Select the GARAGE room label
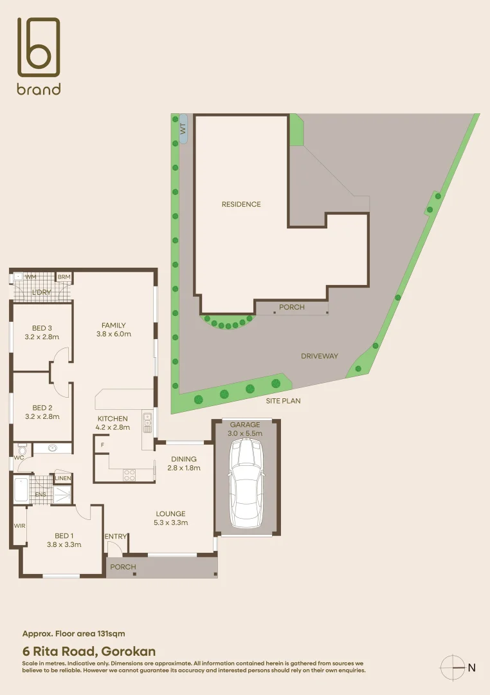pos(246,425)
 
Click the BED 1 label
pos(64,536)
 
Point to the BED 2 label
pos(42,407)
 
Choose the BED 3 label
pos(42,328)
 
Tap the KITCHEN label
pos(113,418)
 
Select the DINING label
pos(183,459)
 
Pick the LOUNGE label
pos(170,514)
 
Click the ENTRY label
pos(116,537)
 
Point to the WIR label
pos(19,526)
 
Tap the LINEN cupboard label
pos(63,478)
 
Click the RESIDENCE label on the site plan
pos(241,204)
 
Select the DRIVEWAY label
pos(319,356)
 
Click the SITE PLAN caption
pos(283,400)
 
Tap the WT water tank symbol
pos(183,130)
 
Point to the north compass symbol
pos(453,667)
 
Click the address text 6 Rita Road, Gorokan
pos(89,651)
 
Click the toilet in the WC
pos(21,449)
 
